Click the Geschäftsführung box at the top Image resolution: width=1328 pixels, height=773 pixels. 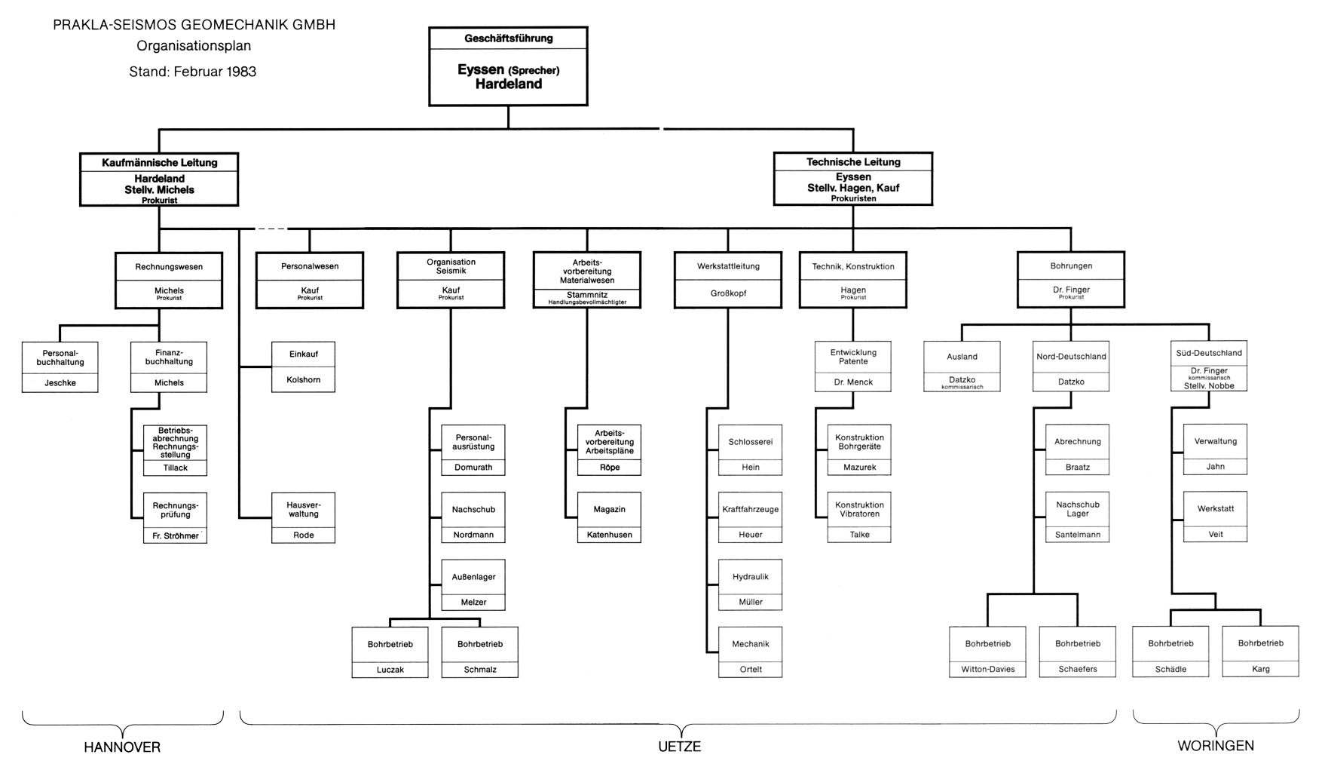(x=508, y=66)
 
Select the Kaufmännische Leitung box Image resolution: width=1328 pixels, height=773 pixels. (x=159, y=179)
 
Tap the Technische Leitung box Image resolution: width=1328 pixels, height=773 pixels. (x=853, y=179)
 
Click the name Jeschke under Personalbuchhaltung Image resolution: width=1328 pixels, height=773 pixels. (x=60, y=383)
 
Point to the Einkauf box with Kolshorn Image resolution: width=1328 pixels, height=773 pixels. (x=303, y=367)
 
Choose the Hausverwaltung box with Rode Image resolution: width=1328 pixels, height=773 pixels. (x=303, y=517)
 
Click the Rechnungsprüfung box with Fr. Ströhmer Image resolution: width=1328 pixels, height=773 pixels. (x=175, y=517)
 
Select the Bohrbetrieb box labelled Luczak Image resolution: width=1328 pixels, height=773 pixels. (x=390, y=652)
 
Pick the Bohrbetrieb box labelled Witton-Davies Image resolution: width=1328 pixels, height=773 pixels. (x=987, y=652)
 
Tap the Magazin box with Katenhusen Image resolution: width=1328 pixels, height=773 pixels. (x=609, y=517)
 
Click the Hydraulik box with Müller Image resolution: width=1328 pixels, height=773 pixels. (x=750, y=584)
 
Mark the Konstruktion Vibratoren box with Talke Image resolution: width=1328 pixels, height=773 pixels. (x=859, y=517)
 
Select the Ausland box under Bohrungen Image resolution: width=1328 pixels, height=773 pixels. (x=962, y=367)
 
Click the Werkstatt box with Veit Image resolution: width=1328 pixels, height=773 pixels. (x=1215, y=517)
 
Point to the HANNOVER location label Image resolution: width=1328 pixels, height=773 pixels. (x=122, y=747)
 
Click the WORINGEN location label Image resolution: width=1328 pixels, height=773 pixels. (x=1216, y=746)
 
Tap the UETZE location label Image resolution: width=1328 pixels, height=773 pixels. (x=679, y=747)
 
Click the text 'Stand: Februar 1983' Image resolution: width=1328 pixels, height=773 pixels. (x=193, y=72)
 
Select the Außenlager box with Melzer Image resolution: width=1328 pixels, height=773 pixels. (x=473, y=584)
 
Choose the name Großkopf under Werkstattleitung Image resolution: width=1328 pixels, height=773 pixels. (x=728, y=293)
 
